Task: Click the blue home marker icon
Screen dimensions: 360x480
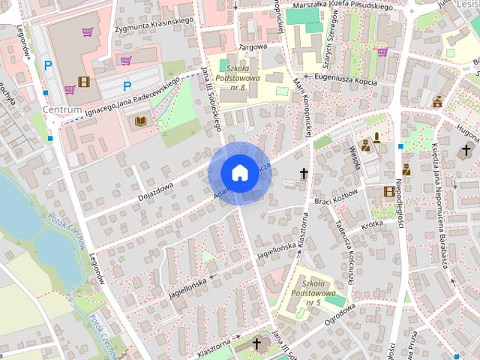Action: (238, 172)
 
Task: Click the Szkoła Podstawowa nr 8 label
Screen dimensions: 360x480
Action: (237, 76)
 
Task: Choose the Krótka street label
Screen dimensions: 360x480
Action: (371, 224)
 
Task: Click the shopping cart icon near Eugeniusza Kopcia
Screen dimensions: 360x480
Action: (382, 52)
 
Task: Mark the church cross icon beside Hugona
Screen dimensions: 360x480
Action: (466, 151)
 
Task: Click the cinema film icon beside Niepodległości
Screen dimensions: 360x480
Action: (388, 191)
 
